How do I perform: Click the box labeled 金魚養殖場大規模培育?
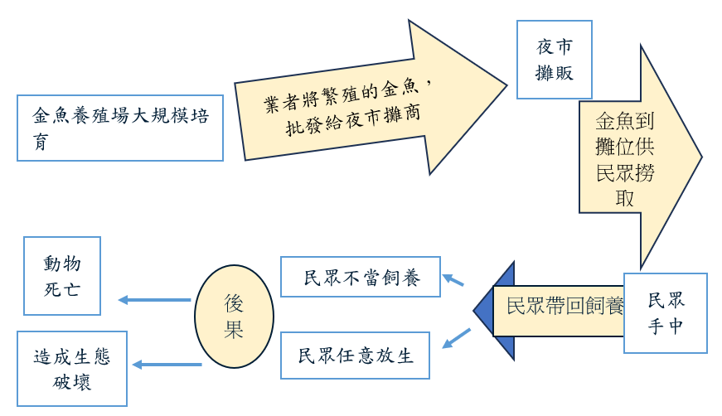point(119,127)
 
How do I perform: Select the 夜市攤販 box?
point(554,60)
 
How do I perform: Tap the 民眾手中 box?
point(666,312)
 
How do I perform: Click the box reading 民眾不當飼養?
point(361,277)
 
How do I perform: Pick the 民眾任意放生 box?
point(355,356)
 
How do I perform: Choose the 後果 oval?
point(234,316)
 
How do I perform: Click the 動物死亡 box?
point(62,276)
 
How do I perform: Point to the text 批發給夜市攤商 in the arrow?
point(352,119)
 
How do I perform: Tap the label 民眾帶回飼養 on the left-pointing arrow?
point(565,305)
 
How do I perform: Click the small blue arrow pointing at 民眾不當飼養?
point(453,280)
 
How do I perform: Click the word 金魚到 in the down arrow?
point(627,121)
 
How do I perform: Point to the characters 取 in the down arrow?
point(626,199)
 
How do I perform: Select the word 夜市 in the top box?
point(554,47)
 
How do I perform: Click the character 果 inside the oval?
point(234,329)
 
